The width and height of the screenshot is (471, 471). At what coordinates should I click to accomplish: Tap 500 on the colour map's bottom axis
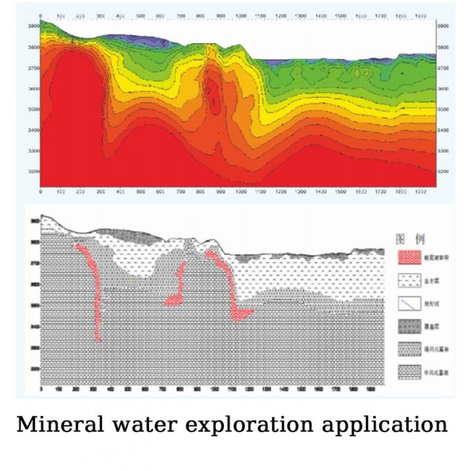(141, 191)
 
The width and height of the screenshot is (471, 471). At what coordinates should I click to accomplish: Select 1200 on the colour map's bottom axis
(281, 191)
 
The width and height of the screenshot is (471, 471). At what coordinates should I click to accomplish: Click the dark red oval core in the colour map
(214, 96)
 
